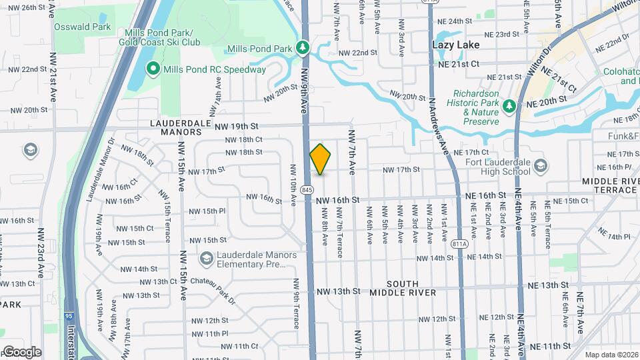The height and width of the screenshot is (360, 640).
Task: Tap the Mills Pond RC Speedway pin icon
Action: click(153, 69)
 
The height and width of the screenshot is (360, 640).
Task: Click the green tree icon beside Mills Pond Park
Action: click(303, 48)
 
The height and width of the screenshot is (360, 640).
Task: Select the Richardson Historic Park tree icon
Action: click(509, 105)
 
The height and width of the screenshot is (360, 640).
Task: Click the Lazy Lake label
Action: click(456, 45)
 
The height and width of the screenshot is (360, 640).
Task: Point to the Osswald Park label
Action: click(83, 27)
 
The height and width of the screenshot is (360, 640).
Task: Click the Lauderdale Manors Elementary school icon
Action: click(207, 257)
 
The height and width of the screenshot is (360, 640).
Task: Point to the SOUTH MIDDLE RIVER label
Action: click(403, 288)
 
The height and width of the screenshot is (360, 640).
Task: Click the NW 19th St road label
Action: click(235, 125)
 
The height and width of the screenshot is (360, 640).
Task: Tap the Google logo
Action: click(22, 351)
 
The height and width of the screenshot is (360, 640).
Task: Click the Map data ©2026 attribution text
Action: click(611, 355)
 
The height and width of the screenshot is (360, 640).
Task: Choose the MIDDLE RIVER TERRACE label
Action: click(610, 185)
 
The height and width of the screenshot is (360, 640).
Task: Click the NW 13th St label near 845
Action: click(338, 291)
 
